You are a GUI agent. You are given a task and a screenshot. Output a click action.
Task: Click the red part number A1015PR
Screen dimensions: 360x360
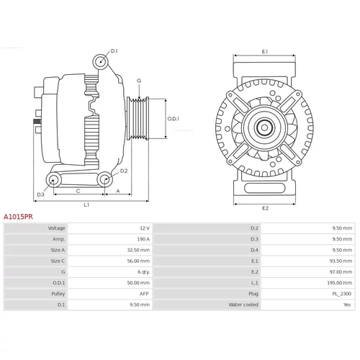18,217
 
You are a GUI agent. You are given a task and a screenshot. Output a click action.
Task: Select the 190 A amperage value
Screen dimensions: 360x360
143,239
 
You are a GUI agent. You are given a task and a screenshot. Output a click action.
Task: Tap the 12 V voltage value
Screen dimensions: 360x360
145,228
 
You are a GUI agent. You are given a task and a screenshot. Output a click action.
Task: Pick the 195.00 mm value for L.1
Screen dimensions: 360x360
340,283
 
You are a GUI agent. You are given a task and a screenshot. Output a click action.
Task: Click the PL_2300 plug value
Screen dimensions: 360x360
342,294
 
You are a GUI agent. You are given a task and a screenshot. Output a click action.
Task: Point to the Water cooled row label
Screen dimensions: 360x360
243,305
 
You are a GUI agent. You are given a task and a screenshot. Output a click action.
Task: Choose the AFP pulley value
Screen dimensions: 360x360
144,294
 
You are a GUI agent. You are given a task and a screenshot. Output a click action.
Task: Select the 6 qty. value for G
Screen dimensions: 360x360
143,272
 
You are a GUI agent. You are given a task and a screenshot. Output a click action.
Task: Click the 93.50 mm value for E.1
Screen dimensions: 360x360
341,261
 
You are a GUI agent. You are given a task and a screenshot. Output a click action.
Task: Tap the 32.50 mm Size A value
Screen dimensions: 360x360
138,250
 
